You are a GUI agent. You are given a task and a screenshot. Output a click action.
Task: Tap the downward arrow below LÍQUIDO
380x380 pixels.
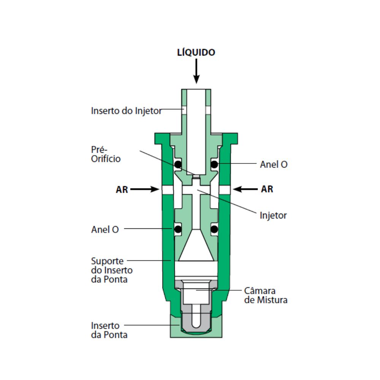[196, 71]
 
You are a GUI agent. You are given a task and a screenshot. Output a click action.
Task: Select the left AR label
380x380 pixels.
[122, 190]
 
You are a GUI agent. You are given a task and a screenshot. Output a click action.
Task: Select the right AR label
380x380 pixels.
[267, 189]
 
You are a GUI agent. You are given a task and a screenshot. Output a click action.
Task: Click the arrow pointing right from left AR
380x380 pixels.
[145, 189]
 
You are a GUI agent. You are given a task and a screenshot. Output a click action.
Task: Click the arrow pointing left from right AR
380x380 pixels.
[245, 189]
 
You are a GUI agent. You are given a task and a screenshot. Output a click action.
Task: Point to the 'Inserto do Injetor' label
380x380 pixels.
[126, 111]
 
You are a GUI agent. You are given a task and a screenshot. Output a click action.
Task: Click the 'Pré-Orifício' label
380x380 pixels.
[106, 154]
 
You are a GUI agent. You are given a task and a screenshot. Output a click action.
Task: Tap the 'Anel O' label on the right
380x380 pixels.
[274, 164]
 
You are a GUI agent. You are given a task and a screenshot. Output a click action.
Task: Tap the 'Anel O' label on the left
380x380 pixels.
[105, 229]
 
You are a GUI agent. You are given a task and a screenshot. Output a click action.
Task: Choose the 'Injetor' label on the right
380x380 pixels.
[273, 215]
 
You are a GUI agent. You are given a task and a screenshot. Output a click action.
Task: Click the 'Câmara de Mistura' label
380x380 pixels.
[266, 295]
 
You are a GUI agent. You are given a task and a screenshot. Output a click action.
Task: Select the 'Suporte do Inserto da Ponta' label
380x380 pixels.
[112, 270]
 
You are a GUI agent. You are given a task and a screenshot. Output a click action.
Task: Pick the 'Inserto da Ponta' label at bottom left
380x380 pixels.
[109, 330]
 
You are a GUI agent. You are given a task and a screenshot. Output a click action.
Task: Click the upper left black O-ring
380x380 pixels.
[178, 164]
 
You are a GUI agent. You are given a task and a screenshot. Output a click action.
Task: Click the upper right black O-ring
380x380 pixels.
[214, 164]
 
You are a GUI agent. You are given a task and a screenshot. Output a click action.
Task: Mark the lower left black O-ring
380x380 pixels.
[178, 229]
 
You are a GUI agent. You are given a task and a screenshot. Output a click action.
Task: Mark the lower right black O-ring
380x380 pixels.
[214, 229]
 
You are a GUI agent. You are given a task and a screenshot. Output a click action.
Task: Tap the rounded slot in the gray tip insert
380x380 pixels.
[196, 316]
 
